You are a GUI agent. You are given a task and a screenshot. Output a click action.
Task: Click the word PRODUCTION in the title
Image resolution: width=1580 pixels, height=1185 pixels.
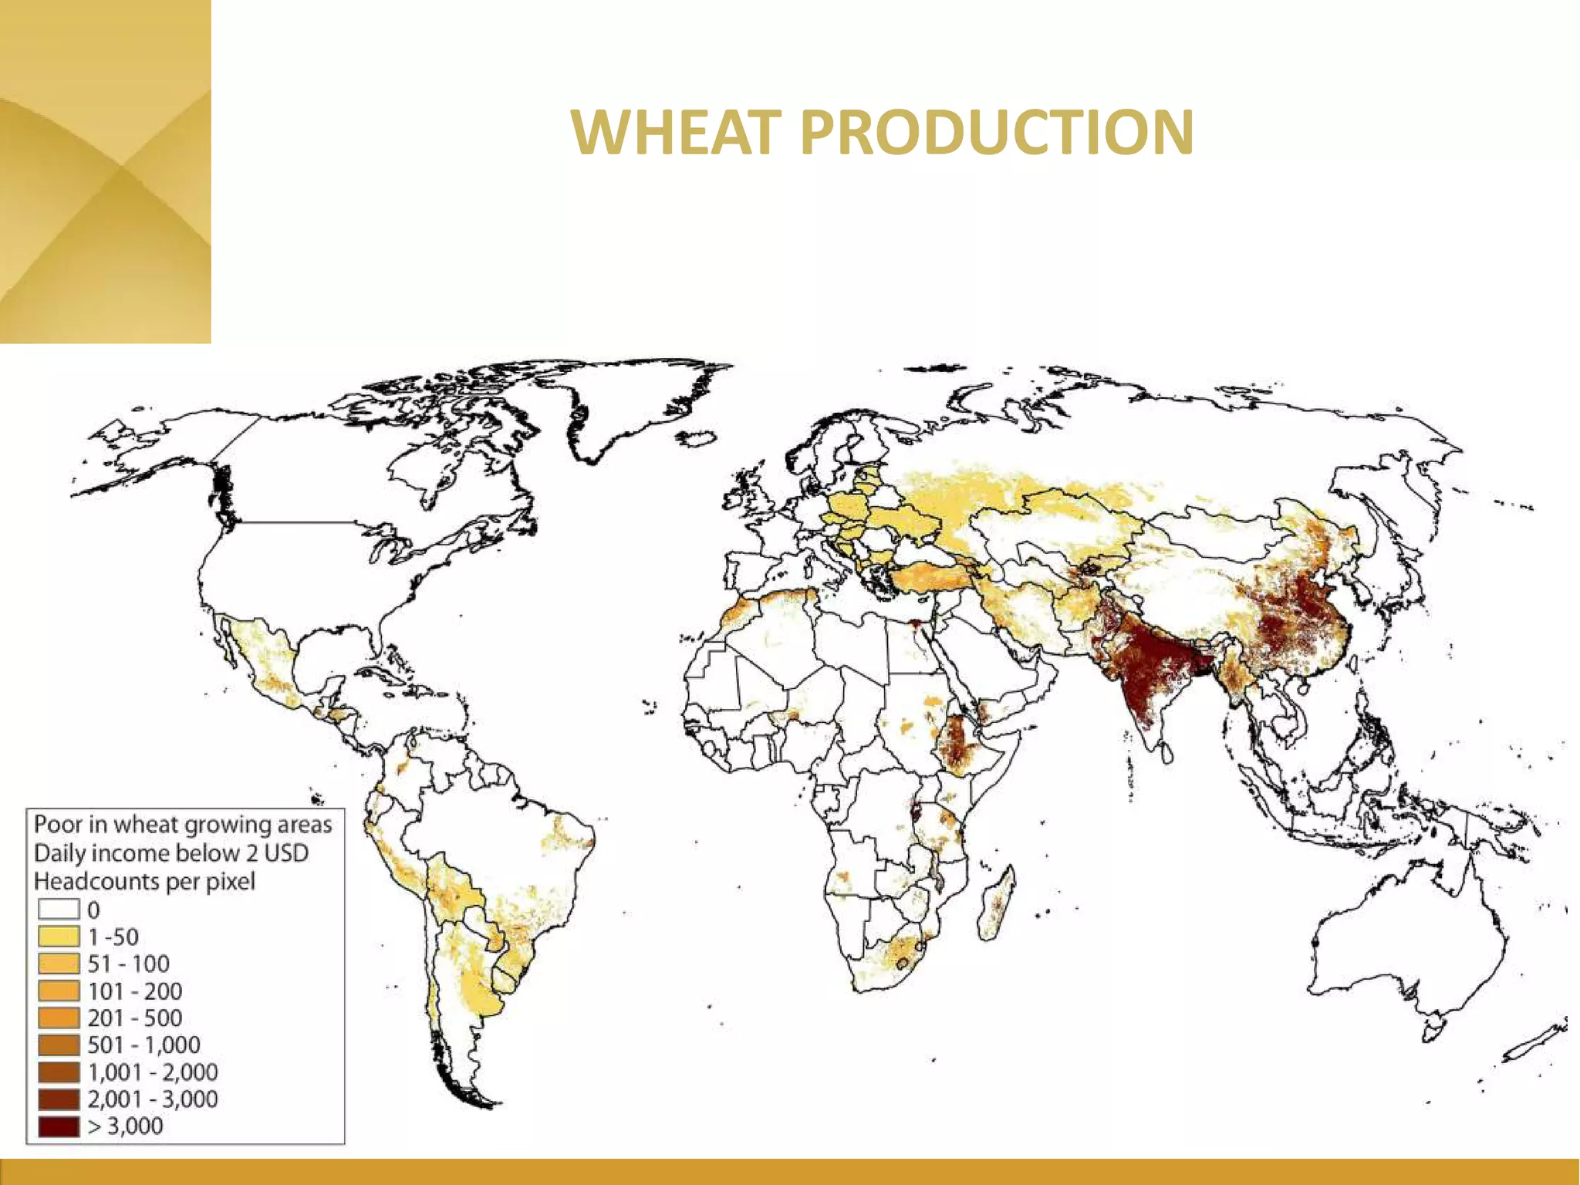pyautogui.click(x=997, y=133)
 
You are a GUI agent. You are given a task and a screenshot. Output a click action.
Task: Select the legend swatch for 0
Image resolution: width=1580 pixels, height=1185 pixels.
pyautogui.click(x=59, y=910)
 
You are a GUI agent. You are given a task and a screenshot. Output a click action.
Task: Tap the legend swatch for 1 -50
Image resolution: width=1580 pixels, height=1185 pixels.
pyautogui.click(x=59, y=937)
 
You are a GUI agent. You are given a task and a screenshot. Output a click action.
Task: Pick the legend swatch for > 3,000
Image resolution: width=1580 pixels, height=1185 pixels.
pyautogui.click(x=59, y=1126)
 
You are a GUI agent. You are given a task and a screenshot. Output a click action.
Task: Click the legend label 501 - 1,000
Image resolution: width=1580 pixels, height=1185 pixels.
pyautogui.click(x=143, y=1045)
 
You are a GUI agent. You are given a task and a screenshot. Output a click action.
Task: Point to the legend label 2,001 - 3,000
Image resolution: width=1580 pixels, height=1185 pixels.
pyautogui.click(x=152, y=1099)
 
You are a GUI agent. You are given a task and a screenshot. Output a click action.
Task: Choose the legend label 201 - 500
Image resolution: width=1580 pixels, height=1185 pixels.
pyautogui.click(x=134, y=1018)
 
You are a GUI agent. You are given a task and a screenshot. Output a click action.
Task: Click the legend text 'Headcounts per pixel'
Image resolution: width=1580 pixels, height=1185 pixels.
pyautogui.click(x=144, y=881)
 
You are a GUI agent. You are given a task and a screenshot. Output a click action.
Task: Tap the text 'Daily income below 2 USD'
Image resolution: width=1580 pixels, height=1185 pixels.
pyautogui.click(x=171, y=853)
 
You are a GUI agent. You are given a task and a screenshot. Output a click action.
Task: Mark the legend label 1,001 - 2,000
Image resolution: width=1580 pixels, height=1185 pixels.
pyautogui.click(x=152, y=1072)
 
